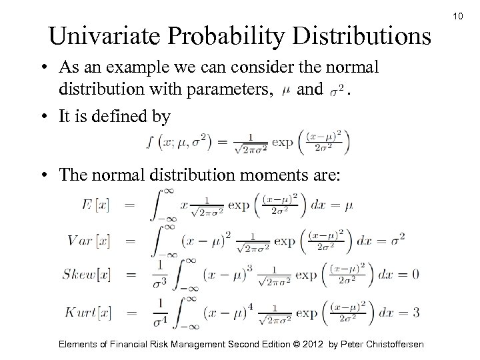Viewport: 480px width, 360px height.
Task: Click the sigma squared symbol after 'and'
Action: [x=337, y=89]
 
